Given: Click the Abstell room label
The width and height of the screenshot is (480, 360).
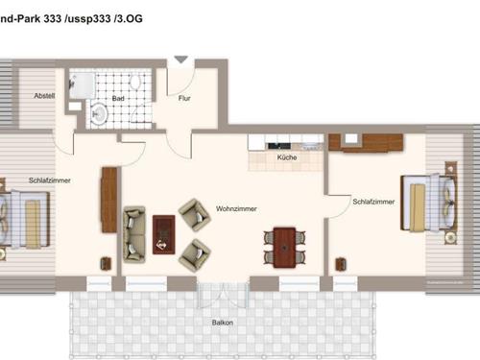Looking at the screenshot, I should [x=44, y=96].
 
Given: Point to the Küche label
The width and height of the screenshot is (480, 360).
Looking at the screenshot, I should [x=286, y=156].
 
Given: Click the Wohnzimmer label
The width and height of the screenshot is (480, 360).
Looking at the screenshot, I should [x=235, y=207].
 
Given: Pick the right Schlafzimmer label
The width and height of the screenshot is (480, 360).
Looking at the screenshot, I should [x=372, y=202].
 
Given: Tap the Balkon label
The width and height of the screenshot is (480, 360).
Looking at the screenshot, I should [x=223, y=322].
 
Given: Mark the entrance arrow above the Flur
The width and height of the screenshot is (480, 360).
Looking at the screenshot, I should [x=179, y=60].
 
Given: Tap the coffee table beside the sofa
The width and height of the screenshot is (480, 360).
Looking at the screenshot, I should [x=164, y=231].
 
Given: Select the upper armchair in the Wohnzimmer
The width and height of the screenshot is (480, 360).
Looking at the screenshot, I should [x=195, y=216].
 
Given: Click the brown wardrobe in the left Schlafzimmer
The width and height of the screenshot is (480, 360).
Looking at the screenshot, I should [x=108, y=200].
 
